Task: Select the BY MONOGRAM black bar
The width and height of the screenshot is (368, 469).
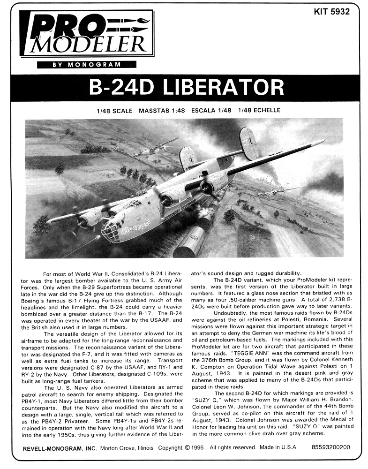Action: (x=86, y=64)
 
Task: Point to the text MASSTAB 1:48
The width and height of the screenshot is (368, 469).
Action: (x=162, y=111)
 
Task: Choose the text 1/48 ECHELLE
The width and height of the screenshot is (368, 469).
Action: (x=259, y=111)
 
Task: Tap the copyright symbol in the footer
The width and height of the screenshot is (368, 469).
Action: (x=188, y=447)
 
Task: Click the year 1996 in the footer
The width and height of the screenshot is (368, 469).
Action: (x=199, y=447)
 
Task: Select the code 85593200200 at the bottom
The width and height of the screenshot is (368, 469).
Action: (x=330, y=447)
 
